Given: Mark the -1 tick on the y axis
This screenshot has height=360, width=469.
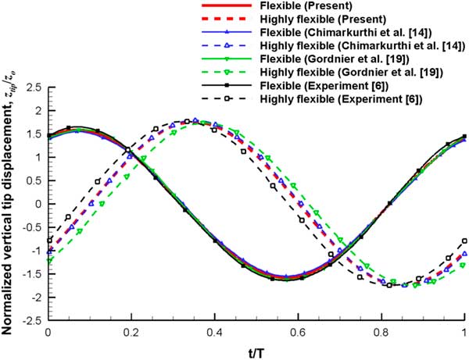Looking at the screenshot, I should [x=34, y=251].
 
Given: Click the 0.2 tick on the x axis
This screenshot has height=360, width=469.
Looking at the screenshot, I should [x=131, y=332].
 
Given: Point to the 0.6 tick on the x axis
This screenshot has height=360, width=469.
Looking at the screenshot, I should [x=298, y=332].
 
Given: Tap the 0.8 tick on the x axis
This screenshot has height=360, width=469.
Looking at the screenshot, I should [x=381, y=332].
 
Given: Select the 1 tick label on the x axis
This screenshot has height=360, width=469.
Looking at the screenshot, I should [x=464, y=332].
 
